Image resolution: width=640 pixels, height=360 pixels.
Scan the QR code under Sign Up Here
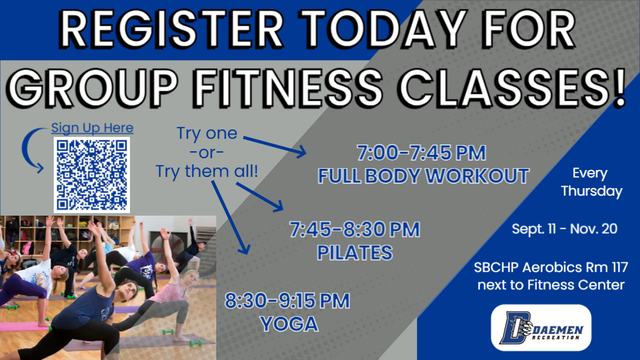click(x=92, y=174)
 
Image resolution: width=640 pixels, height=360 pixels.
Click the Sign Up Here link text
click(x=92, y=128)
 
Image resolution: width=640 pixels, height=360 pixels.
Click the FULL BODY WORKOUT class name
click(x=424, y=176)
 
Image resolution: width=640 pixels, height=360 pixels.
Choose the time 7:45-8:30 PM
click(x=354, y=229)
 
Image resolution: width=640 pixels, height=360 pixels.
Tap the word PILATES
click(x=354, y=252)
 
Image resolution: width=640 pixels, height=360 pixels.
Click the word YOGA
click(x=289, y=324)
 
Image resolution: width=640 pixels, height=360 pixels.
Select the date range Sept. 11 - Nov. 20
click(x=564, y=229)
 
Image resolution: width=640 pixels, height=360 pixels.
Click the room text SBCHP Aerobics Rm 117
click(x=551, y=268)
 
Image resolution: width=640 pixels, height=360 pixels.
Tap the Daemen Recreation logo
click(x=541, y=327)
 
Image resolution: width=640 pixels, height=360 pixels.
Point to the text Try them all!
click(x=206, y=171)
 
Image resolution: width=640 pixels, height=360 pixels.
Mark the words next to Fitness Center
click(x=551, y=286)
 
